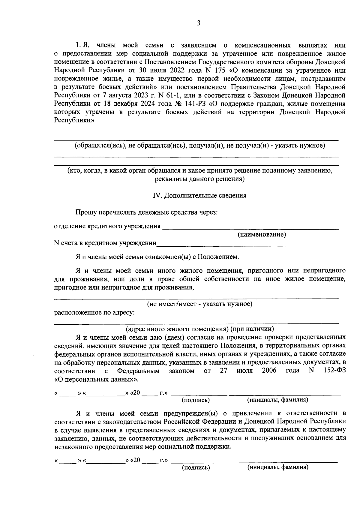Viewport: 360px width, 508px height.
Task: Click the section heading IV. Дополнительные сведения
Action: click(199, 196)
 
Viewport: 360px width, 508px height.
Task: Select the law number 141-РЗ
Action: click(192, 104)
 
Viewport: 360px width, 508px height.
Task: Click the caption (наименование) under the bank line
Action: click(262, 234)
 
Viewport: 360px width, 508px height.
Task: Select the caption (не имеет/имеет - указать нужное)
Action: click(199, 304)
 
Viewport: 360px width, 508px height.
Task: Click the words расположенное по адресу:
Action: click(94, 313)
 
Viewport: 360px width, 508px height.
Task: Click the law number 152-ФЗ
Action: click(335, 370)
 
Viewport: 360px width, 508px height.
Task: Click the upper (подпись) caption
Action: click(196, 400)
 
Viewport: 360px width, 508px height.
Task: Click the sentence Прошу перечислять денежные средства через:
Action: click(146, 212)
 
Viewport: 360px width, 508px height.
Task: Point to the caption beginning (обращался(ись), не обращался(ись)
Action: click(199, 146)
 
